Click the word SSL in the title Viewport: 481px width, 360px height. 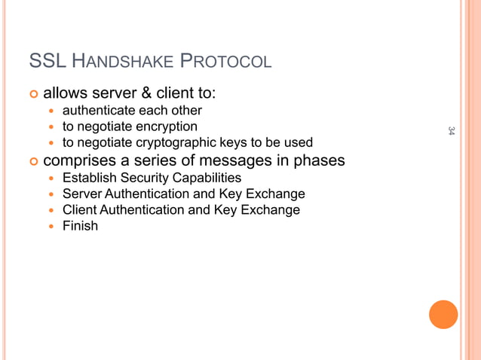click(47, 60)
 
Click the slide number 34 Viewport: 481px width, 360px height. click(451, 131)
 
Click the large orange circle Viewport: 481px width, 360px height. click(443, 314)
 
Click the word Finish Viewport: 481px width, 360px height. click(80, 225)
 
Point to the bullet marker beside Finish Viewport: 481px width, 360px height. click(51, 225)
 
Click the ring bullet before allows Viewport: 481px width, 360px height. click(32, 94)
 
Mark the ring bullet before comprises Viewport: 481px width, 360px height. click(32, 161)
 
